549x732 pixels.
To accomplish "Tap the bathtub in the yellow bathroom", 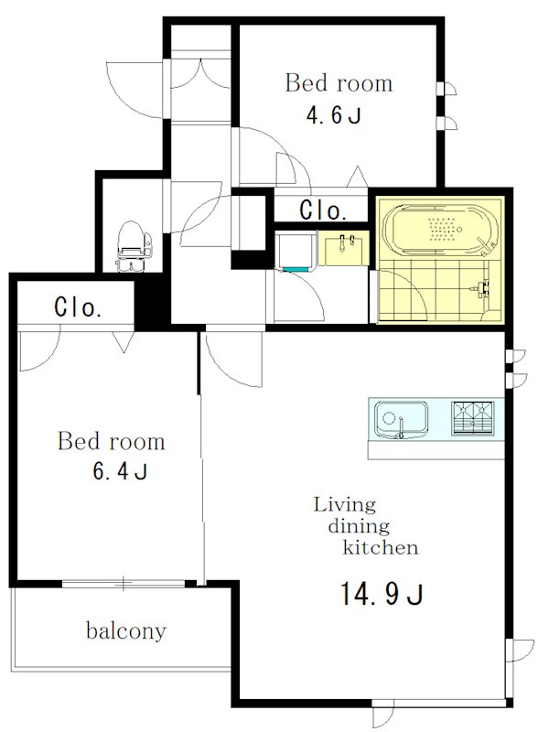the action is click(439, 229).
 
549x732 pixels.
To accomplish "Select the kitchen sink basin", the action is click(401, 419).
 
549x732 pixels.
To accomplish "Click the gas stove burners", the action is click(473, 418).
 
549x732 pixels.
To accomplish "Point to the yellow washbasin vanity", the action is click(344, 248).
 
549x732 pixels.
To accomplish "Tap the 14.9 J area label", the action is click(382, 594).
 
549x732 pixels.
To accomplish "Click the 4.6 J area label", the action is click(333, 115).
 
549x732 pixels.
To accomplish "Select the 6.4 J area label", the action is click(120, 471).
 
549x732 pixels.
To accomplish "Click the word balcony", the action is click(126, 631).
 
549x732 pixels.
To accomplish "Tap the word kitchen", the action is click(381, 547).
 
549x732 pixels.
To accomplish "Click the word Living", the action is click(345, 506).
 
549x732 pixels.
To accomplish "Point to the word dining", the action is click(359, 527).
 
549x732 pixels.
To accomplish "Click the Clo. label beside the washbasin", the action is click(323, 210).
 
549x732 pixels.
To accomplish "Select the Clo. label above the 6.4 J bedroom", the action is click(78, 307).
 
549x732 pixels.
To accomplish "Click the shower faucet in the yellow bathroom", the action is click(481, 289).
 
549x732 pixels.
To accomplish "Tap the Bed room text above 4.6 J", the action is click(339, 83).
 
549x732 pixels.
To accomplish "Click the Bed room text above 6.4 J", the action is click(111, 441).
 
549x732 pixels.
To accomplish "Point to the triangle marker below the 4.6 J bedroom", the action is click(358, 177).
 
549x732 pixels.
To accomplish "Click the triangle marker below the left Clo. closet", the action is click(124, 341).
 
